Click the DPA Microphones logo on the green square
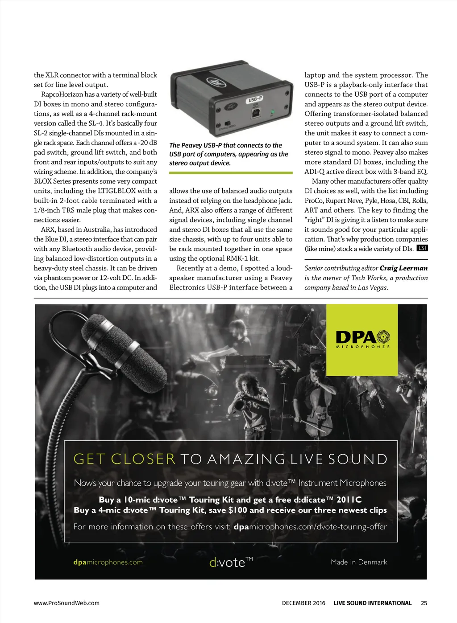click(362, 339)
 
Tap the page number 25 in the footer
click(424, 603)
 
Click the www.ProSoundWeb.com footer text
click(66, 603)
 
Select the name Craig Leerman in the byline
click(403, 268)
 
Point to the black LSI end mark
click(422, 248)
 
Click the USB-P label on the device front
click(254, 99)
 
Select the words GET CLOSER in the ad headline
click(124, 459)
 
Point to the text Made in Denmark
click(359, 562)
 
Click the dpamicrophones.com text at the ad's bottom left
click(108, 562)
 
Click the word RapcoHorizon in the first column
click(62, 94)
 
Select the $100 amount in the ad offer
click(237, 510)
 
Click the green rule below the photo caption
click(231, 172)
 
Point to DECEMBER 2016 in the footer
click(303, 603)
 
